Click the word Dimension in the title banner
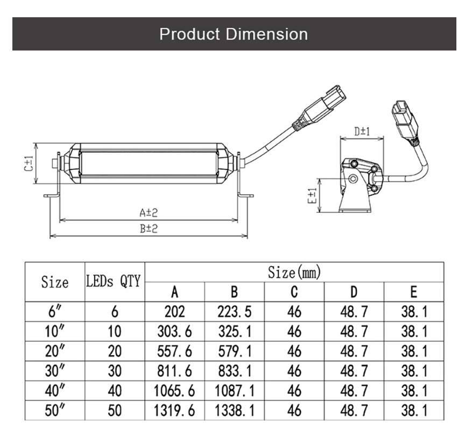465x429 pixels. pyautogui.click(x=267, y=34)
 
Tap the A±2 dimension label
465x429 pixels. pyautogui.click(x=149, y=212)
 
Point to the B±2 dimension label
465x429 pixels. pyautogui.click(x=149, y=229)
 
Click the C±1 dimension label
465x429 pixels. pyautogui.click(x=29, y=164)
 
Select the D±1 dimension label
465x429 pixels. pyautogui.click(x=362, y=131)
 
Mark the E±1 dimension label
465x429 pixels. pyautogui.click(x=312, y=196)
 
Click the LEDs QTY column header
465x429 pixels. pyautogui.click(x=113, y=281)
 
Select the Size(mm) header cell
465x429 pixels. pyautogui.click(x=294, y=272)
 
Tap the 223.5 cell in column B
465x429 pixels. pyautogui.click(x=234, y=312)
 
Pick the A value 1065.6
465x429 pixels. pyautogui.click(x=174, y=391)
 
